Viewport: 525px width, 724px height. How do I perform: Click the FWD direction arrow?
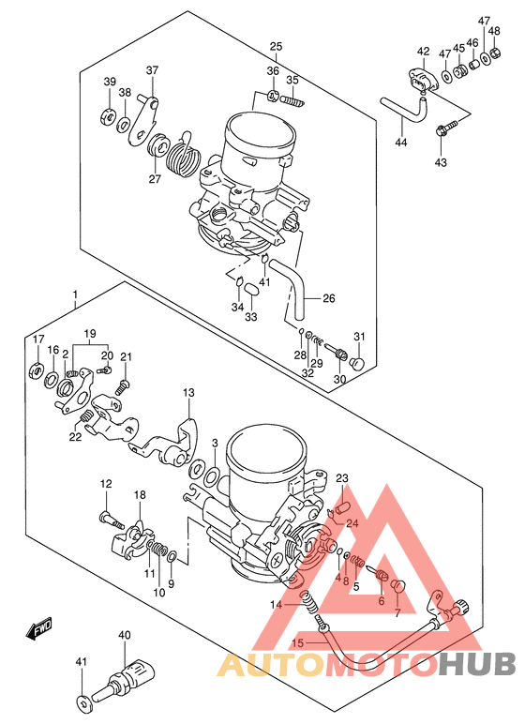(x=38, y=628)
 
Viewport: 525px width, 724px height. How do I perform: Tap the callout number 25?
(x=277, y=46)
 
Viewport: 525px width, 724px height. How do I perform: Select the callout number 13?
(x=188, y=392)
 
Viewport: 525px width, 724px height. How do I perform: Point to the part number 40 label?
(x=125, y=635)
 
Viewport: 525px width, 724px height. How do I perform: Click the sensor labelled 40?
(x=123, y=679)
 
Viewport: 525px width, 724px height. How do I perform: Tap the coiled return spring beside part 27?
(x=183, y=155)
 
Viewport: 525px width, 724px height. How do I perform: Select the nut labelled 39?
(x=107, y=117)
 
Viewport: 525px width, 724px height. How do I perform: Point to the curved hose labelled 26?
(x=290, y=290)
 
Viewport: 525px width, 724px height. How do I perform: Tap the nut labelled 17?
(x=37, y=370)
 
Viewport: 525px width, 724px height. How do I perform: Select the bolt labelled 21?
(x=122, y=386)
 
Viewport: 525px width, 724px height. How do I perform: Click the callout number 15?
(x=298, y=642)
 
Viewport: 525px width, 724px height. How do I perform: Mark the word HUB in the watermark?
(x=476, y=664)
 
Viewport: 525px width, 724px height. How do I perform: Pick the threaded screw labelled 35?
(x=292, y=100)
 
